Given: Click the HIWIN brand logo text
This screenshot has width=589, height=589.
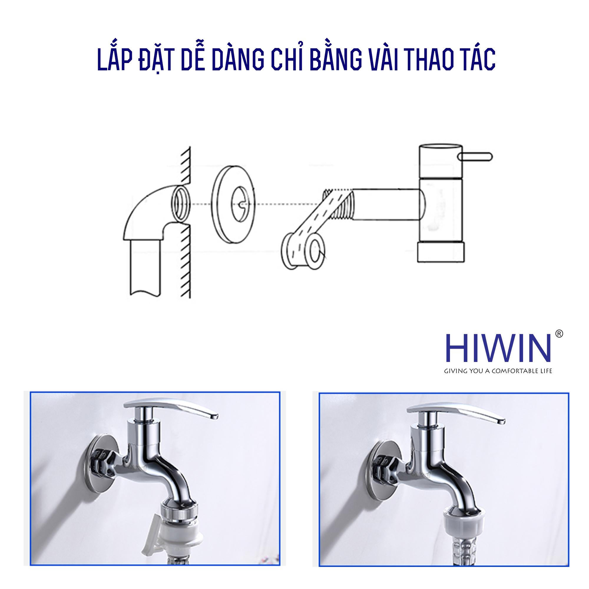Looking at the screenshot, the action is [499, 348].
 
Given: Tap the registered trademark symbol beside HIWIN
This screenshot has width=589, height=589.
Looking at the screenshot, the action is [559, 334].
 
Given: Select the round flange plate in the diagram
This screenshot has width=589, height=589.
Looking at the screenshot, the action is [234, 204].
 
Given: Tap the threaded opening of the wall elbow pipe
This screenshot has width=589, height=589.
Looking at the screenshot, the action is [181, 204].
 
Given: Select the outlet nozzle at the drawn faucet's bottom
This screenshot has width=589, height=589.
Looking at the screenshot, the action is [441, 252].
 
